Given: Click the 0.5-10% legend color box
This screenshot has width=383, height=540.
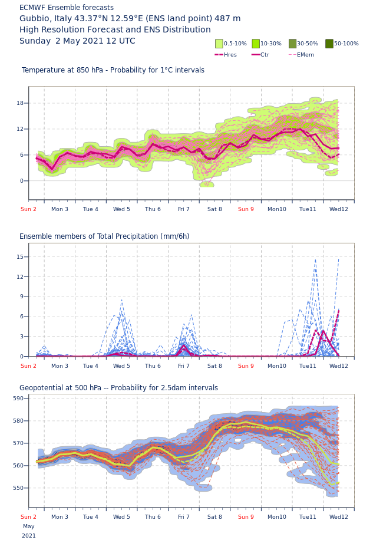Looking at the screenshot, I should [x=219, y=44].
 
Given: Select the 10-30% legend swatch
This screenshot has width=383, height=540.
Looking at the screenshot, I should [x=256, y=44].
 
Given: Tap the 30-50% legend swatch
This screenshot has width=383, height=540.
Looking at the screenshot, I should [x=292, y=44].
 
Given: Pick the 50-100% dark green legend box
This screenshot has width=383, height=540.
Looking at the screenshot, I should [x=329, y=44].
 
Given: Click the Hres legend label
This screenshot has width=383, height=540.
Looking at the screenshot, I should [x=230, y=55].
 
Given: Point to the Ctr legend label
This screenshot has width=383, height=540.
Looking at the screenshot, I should [x=265, y=55].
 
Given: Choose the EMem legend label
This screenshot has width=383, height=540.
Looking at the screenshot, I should [x=305, y=55].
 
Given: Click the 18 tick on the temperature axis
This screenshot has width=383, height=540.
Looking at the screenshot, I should [x=19, y=103].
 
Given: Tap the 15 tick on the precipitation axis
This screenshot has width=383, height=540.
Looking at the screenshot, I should [x=19, y=257].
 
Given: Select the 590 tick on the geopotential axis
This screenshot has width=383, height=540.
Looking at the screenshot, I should [x=18, y=399].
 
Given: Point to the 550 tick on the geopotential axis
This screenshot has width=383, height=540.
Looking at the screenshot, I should [x=18, y=488].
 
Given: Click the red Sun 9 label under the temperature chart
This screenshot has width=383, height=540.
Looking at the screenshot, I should [x=246, y=209].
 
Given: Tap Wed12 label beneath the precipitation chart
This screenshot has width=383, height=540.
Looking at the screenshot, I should [x=339, y=366].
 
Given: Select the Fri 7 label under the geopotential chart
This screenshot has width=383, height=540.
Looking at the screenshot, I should [x=184, y=517].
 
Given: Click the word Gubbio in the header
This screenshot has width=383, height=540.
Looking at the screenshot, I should [x=35, y=19].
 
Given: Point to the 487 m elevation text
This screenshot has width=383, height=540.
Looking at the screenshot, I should [x=227, y=19].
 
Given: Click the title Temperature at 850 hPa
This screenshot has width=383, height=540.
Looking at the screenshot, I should [x=113, y=70].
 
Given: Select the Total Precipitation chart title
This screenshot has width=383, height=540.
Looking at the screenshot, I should [x=104, y=236].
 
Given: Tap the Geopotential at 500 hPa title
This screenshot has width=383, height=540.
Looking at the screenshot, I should [x=118, y=388].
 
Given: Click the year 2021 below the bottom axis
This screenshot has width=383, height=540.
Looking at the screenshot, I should [x=29, y=536].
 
